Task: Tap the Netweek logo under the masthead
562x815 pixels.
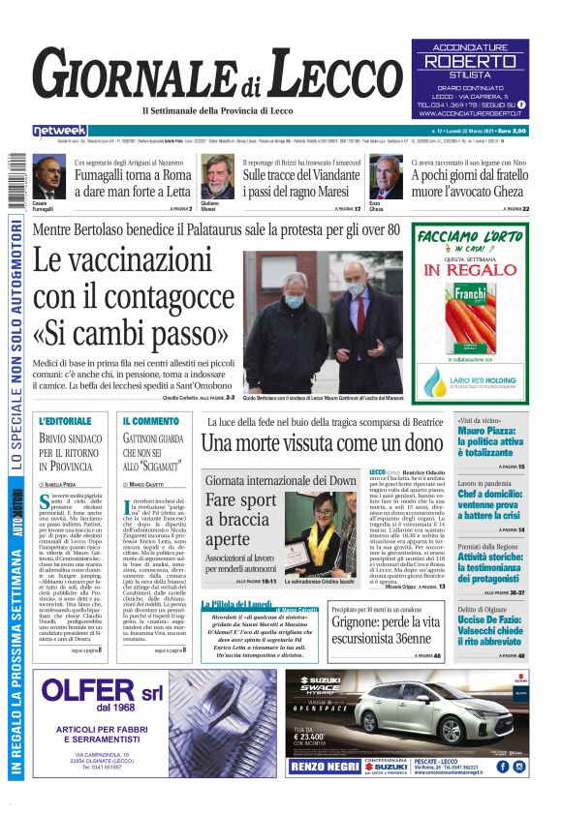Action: [59, 131]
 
